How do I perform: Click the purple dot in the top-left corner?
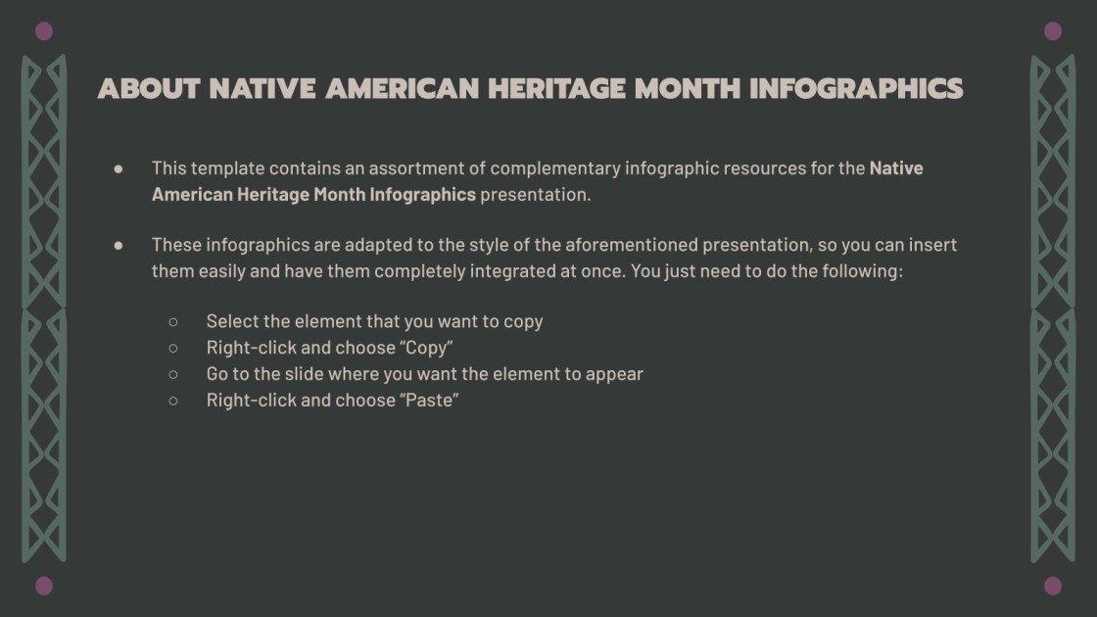[43, 31]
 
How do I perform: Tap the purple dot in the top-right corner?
[1053, 31]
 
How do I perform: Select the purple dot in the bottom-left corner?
[43, 586]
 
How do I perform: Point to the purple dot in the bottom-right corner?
[1053, 586]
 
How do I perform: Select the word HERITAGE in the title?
[557, 89]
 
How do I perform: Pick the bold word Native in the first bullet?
[896, 168]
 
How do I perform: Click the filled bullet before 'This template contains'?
[119, 168]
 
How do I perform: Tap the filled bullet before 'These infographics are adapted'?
[119, 245]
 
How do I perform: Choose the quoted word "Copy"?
[427, 348]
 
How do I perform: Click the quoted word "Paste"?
[430, 401]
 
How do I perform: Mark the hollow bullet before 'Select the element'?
[173, 321]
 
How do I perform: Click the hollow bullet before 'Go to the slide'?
[173, 374]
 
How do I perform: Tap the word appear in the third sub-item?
[614, 374]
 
